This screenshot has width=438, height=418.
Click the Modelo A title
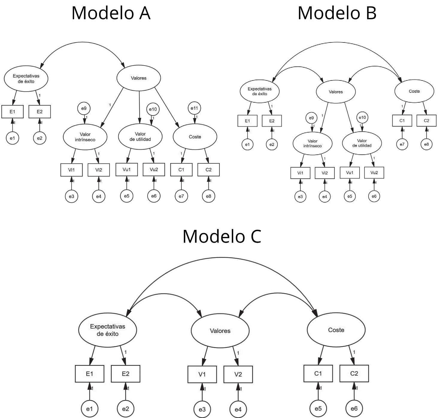pyautogui.click(x=111, y=13)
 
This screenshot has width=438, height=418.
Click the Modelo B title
pyautogui.click(x=337, y=13)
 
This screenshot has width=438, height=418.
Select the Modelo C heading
pyautogui.click(x=222, y=236)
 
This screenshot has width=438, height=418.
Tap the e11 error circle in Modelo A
pyautogui.click(x=194, y=108)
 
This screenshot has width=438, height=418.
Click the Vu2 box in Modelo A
pyautogui.click(x=154, y=170)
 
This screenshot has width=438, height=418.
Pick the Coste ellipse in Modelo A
pyautogui.click(x=195, y=137)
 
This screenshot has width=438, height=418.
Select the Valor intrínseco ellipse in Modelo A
pyautogui.click(x=85, y=137)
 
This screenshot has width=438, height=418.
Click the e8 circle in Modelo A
pyautogui.click(x=208, y=196)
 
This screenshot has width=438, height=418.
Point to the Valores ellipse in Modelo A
pyautogui.click(x=139, y=78)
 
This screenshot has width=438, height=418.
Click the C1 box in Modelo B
pyautogui.click(x=402, y=121)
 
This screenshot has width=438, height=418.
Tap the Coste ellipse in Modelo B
pyautogui.click(x=414, y=91)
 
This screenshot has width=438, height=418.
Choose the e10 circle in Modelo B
pyautogui.click(x=362, y=118)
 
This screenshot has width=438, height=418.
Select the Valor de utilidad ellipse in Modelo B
pyautogui.click(x=362, y=143)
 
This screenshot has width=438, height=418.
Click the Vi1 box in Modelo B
pyautogui.click(x=300, y=173)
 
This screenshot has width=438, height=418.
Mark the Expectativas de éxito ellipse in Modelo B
pyautogui.click(x=260, y=91)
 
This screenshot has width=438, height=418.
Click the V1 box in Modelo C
pyautogui.click(x=202, y=374)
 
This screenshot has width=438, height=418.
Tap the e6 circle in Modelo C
pyautogui.click(x=354, y=408)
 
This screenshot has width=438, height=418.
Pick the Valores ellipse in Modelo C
pyautogui.click(x=220, y=331)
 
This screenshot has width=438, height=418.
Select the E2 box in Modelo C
pyautogui.click(x=125, y=374)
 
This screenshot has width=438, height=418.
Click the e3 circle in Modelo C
pyautogui.click(x=202, y=409)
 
